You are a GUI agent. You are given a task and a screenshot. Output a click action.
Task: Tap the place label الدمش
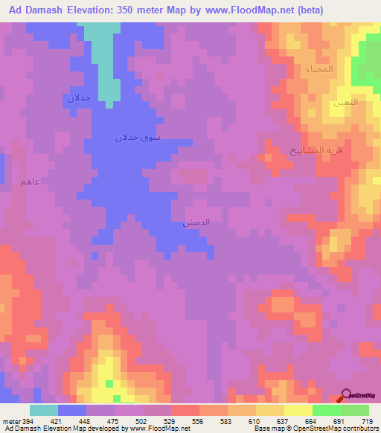(x=196, y=222)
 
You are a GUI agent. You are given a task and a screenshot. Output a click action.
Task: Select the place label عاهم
(x=31, y=182)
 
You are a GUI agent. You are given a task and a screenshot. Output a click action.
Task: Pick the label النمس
(x=346, y=102)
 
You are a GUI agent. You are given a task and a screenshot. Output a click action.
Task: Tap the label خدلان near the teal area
(x=79, y=97)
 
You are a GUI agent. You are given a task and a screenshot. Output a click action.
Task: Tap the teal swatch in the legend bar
(x=44, y=410)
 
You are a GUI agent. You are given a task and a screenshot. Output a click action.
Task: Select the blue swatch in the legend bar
(x=72, y=410)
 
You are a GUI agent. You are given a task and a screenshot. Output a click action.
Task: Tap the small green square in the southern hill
(x=109, y=383)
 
